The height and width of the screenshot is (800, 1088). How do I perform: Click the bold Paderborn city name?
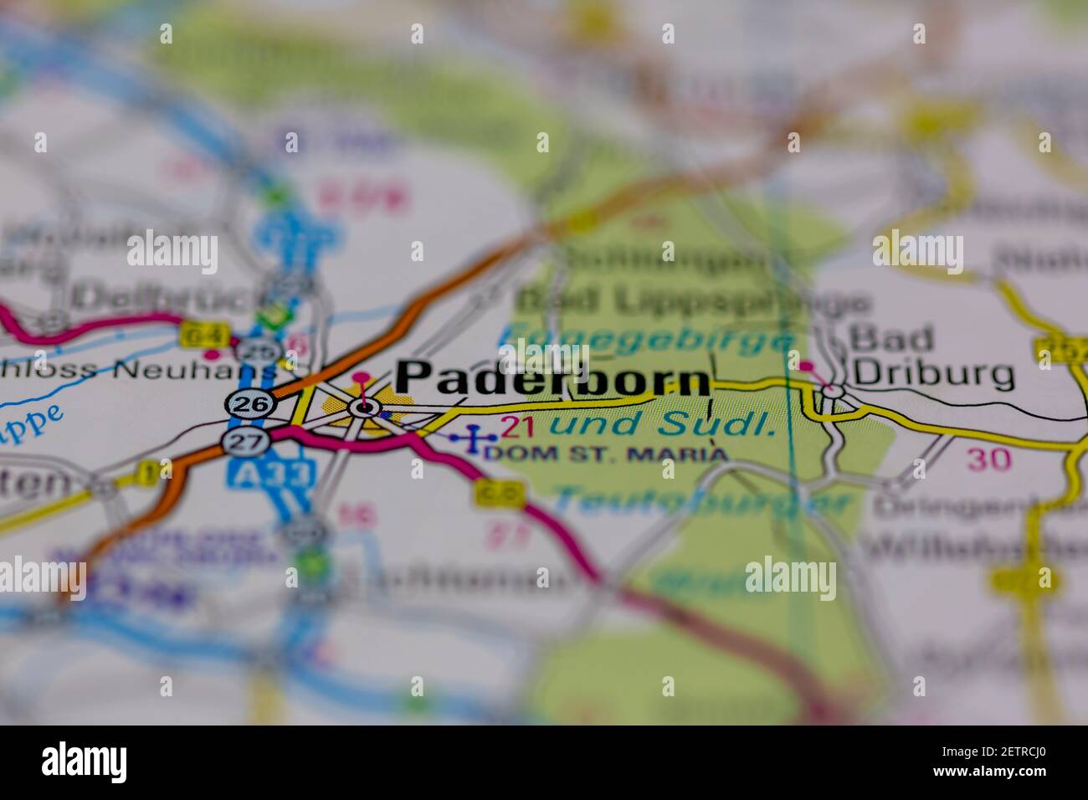pos(552,378)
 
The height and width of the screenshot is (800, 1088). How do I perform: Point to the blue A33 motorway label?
pos(270,474)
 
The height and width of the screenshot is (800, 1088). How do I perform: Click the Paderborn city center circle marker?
pos(363,408)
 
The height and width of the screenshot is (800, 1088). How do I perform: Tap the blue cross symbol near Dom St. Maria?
pos(474,436)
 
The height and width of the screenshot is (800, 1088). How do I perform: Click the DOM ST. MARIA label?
pos(606,454)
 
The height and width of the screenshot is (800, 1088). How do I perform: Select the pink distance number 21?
pos(517,428)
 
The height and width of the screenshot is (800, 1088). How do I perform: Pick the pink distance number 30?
pos(988,459)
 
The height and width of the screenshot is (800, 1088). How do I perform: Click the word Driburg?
pos(931,374)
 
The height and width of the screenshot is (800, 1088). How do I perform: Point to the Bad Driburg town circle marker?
pos(833,391)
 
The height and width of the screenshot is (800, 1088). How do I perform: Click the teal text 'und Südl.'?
pos(660,424)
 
